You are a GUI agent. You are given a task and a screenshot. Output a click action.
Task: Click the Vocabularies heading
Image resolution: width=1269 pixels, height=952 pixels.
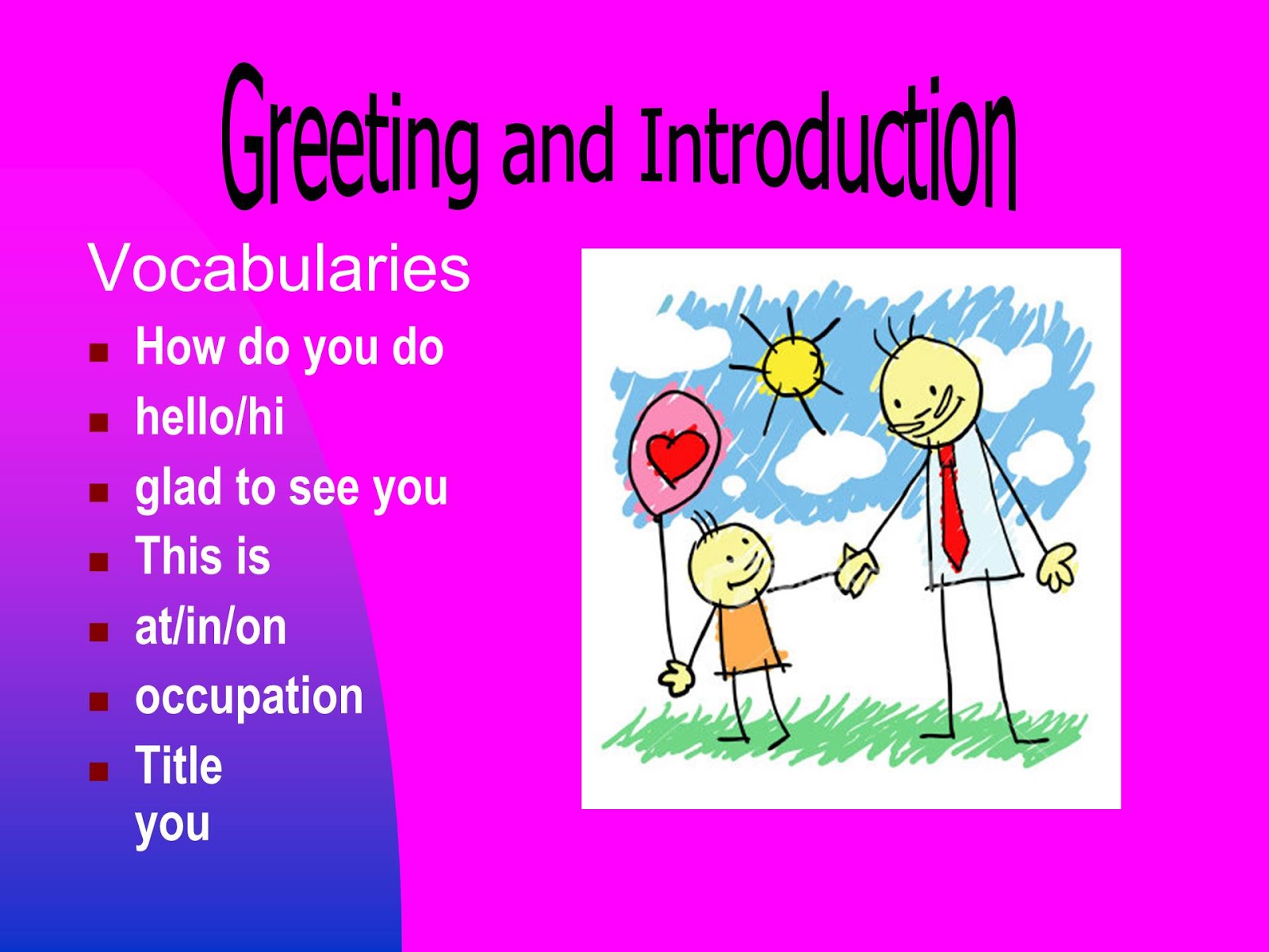[279, 268]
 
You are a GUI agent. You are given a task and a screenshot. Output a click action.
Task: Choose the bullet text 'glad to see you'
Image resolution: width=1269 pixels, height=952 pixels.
[291, 488]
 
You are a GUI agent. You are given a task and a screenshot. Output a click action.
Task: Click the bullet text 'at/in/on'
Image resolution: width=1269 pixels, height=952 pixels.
[211, 627]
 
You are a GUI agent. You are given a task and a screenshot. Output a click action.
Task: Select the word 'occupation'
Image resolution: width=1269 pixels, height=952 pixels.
[249, 697]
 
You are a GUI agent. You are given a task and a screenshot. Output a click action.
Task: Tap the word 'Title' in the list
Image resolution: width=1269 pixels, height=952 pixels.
[178, 766]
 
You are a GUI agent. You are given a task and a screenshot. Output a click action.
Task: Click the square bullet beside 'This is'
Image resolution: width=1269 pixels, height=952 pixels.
[98, 562]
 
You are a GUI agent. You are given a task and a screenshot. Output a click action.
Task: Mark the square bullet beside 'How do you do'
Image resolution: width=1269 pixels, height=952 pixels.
[98, 353]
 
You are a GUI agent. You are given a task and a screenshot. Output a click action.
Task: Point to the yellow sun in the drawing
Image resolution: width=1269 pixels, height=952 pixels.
[790, 367]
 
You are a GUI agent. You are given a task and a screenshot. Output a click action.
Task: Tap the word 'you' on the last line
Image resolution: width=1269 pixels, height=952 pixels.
[172, 825]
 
